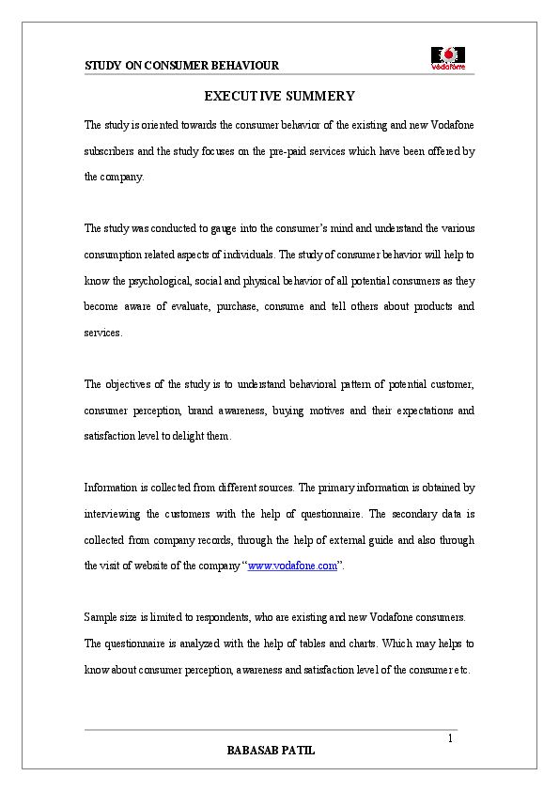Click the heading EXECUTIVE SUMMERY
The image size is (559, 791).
[279, 96]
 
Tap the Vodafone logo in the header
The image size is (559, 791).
[448, 57]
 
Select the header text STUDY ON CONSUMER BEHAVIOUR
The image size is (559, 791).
[181, 66]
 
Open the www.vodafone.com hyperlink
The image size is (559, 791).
[292, 566]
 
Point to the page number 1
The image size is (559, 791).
[450, 738]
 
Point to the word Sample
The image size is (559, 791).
[101, 618]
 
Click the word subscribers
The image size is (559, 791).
[111, 150]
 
